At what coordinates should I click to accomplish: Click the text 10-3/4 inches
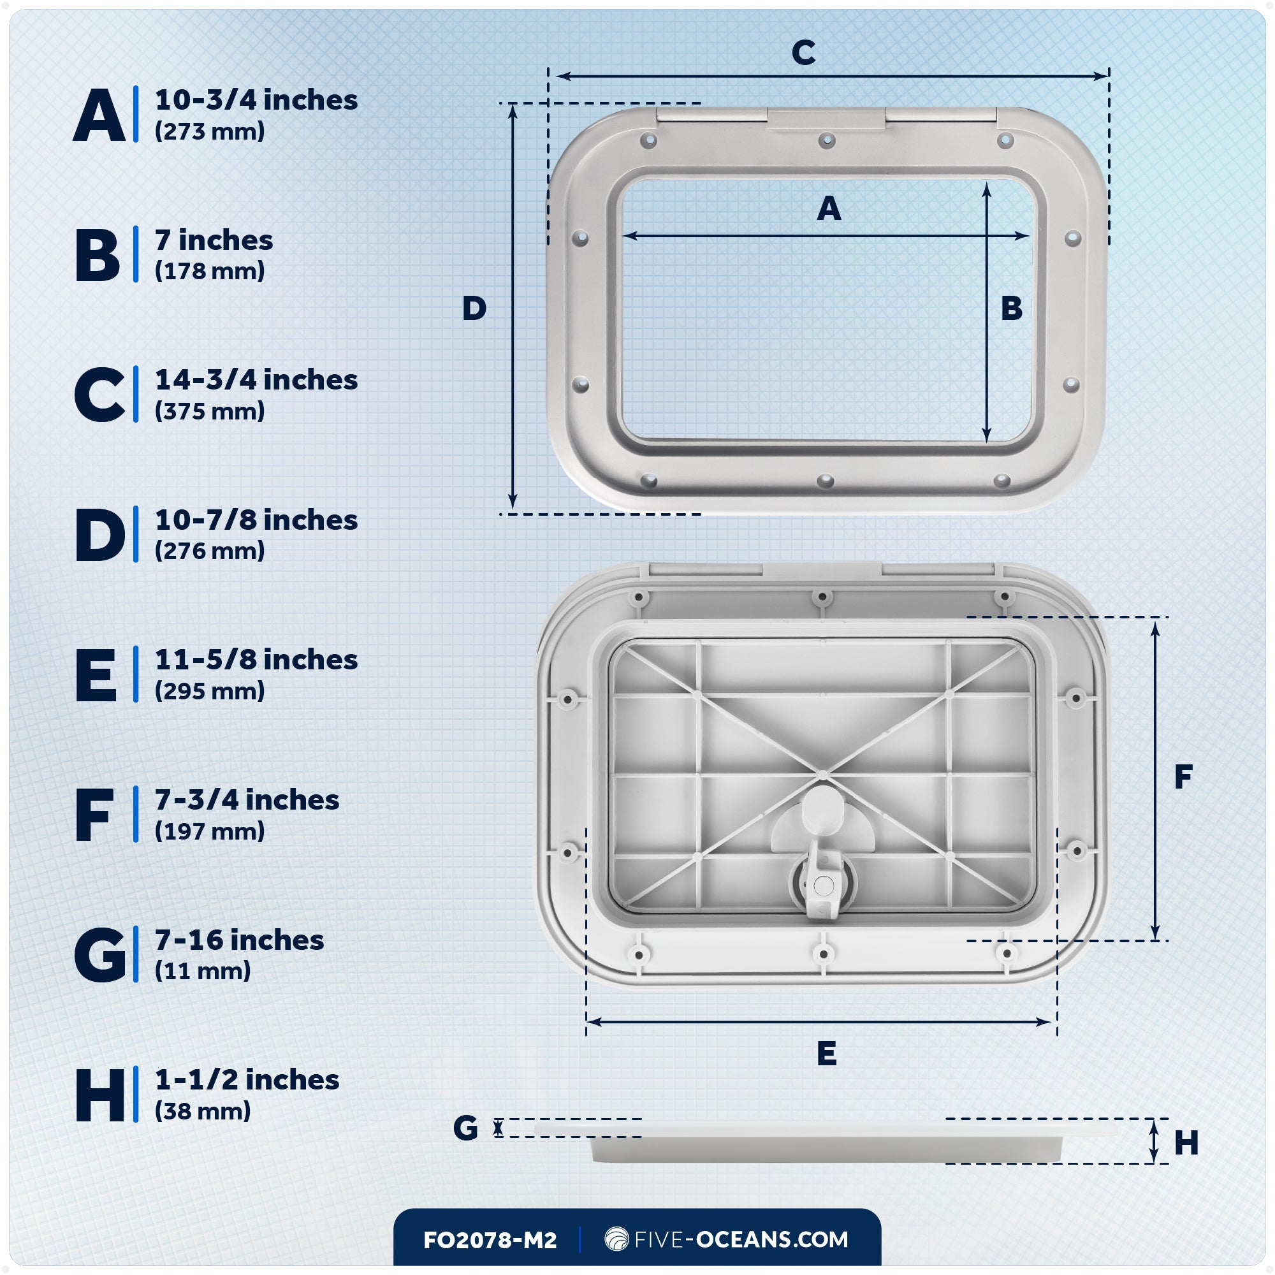[256, 100]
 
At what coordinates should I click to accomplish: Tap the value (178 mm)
[210, 271]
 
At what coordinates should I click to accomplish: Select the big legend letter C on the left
[99, 395]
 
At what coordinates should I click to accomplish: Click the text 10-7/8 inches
[256, 520]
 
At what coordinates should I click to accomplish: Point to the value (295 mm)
[210, 691]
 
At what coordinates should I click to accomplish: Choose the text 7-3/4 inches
[247, 800]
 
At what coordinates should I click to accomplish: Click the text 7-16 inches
[239, 940]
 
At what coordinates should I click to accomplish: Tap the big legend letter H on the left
[99, 1095]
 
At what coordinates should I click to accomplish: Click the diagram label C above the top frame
[803, 53]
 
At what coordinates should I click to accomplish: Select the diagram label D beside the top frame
[474, 308]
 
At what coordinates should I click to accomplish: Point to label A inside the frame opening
[829, 209]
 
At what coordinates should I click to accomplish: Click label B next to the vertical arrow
[1012, 308]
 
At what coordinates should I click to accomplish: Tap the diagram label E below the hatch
[826, 1053]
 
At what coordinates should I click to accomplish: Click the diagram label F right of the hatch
[1183, 776]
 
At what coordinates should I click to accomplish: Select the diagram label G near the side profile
[465, 1128]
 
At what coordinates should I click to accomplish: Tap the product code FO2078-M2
[490, 1240]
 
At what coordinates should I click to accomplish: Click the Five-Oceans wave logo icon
[616, 1239]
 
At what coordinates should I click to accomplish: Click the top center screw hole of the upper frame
[827, 140]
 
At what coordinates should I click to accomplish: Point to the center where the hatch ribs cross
[823, 773]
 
